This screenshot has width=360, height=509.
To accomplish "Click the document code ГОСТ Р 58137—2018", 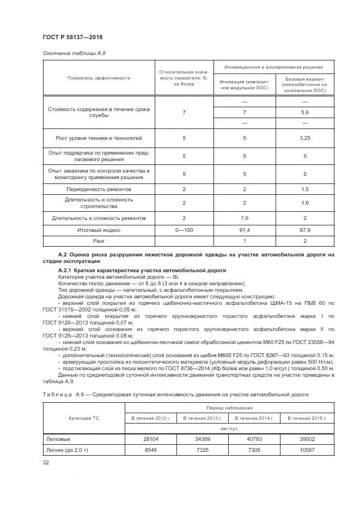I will pos(72,36).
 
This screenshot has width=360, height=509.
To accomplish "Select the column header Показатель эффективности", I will pos(99,78).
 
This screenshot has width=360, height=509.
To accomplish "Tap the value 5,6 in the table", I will pos(305,112).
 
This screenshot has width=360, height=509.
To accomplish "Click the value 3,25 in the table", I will pos(305,138).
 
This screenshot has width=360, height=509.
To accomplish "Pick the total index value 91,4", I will pos(245,230).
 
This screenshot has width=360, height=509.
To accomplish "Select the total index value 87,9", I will pos(305,230).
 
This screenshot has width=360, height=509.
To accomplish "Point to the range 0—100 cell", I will pos(184,230).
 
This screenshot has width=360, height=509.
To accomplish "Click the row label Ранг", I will pos(99,241).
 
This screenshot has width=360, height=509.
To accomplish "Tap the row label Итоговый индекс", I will pos(99,230).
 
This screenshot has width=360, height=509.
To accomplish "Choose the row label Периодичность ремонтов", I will pos(99,189).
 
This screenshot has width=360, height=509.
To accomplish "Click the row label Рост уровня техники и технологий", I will pos(99,138).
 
